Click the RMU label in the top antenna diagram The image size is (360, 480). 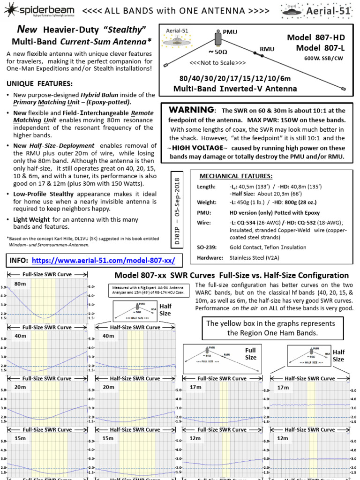(268, 49)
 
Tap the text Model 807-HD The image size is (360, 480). (319, 38)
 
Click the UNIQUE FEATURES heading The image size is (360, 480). (39, 83)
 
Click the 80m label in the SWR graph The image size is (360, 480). (20, 284)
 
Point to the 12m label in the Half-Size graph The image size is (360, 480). (283, 438)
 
